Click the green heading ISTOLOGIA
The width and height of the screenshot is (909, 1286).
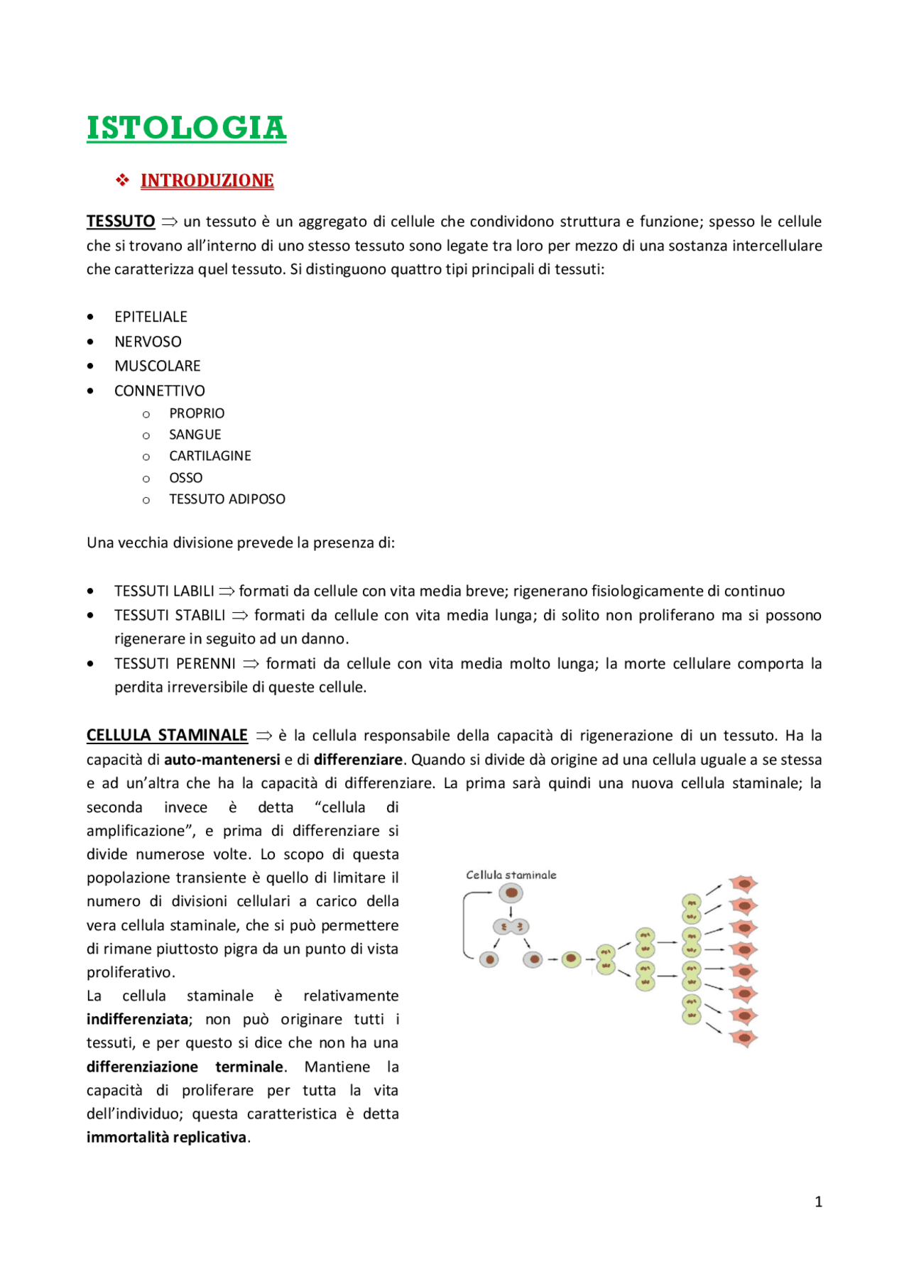(x=186, y=129)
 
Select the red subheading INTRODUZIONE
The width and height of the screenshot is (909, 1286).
(x=207, y=180)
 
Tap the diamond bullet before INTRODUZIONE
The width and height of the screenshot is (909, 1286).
(x=123, y=180)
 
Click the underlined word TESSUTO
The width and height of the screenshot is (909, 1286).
(x=121, y=222)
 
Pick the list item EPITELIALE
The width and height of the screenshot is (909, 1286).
(x=151, y=317)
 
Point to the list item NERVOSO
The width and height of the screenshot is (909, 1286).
(x=148, y=342)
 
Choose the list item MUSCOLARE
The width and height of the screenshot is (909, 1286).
(x=157, y=366)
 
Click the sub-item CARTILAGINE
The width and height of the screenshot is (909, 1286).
(x=209, y=456)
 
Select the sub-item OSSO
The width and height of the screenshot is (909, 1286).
(x=185, y=478)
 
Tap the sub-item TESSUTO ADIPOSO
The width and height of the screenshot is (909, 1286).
(x=227, y=499)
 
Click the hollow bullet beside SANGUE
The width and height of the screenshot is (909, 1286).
(x=146, y=435)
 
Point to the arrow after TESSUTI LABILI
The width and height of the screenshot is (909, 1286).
(x=227, y=591)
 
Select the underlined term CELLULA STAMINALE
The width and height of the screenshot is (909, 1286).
(x=167, y=736)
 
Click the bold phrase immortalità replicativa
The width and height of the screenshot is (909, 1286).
(x=166, y=1137)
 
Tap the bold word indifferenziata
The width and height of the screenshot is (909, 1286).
(x=137, y=1019)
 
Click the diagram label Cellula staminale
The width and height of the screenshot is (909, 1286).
(x=511, y=875)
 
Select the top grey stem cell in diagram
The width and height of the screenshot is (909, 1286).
(x=511, y=893)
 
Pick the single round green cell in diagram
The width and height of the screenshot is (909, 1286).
(x=571, y=960)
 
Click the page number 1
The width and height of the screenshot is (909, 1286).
(x=818, y=1201)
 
